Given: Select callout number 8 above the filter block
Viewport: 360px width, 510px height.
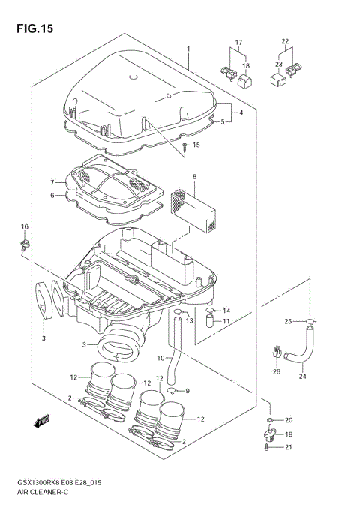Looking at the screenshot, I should click(x=194, y=177).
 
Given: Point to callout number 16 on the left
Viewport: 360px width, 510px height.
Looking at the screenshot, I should click(x=24, y=226).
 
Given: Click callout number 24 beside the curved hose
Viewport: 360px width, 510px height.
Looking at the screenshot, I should click(x=304, y=377).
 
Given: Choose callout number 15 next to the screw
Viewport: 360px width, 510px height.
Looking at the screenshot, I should click(x=196, y=145).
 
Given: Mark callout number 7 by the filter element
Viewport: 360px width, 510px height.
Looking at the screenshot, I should click(x=52, y=182).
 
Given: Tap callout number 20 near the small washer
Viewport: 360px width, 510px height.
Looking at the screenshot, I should click(x=289, y=419).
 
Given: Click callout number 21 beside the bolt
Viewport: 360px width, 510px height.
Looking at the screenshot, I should click(x=289, y=448).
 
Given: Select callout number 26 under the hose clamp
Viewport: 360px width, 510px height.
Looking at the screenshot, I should click(x=276, y=370).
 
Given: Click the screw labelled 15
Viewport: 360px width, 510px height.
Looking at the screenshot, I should click(x=182, y=146).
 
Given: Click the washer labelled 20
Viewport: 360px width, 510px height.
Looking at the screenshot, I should click(x=269, y=419).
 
